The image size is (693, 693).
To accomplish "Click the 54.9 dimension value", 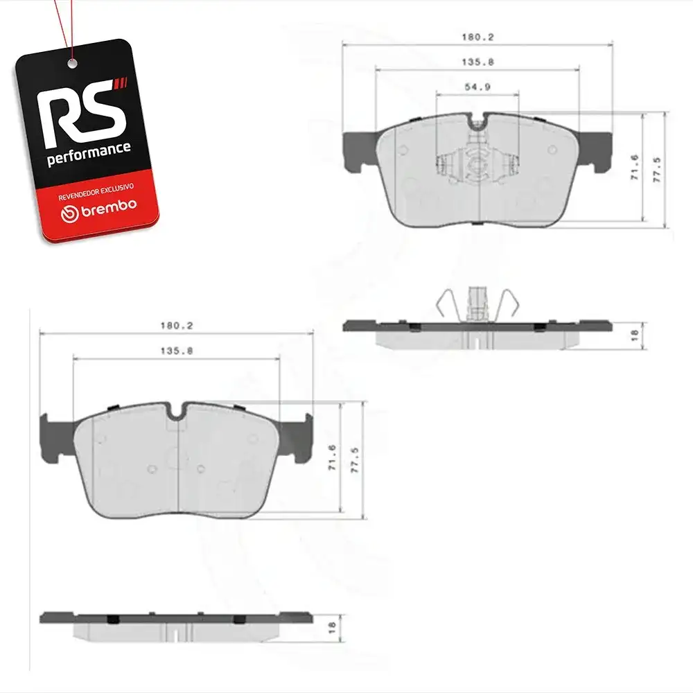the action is (x=477, y=87).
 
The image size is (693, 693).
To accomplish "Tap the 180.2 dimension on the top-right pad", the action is (x=477, y=37).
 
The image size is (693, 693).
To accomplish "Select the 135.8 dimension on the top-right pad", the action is (x=477, y=62).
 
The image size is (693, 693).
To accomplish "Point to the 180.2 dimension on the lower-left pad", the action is (x=176, y=326).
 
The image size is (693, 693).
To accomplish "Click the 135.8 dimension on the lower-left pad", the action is (x=176, y=351).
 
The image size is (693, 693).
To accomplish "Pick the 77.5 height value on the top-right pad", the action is (x=657, y=170).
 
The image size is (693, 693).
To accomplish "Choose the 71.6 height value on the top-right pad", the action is (x=634, y=167).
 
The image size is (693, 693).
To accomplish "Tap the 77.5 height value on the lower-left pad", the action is (x=354, y=460).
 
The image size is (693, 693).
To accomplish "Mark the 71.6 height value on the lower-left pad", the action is (x=333, y=457).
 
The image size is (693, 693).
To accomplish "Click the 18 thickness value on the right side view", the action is (x=634, y=335).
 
